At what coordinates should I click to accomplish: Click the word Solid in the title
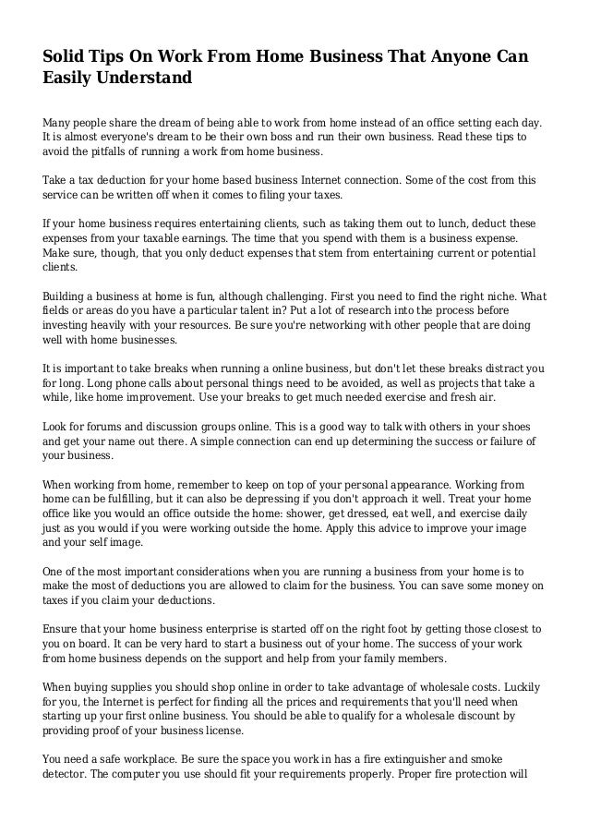(x=66, y=58)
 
